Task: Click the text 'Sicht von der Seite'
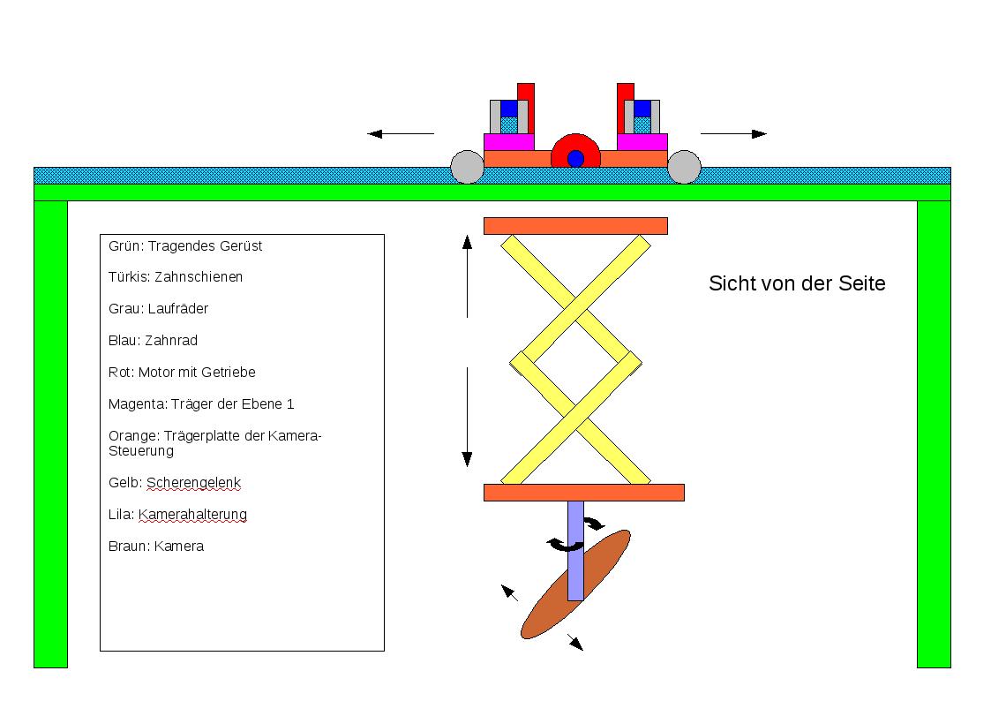point(797,284)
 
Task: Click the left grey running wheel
point(467,167)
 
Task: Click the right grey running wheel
point(684,167)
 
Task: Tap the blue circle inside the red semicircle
point(575,159)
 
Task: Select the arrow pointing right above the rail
point(733,134)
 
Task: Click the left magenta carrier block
point(508,142)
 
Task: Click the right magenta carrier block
point(642,142)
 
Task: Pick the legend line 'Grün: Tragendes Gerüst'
point(185,246)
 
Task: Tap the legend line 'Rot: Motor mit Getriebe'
point(182,373)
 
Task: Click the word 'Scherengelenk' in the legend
point(194,483)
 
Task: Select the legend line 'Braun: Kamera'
point(156,546)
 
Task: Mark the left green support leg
point(50,433)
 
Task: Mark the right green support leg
point(934,433)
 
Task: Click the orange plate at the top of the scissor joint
point(575,226)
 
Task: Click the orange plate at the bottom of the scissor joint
point(584,493)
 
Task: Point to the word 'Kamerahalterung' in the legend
point(192,515)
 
